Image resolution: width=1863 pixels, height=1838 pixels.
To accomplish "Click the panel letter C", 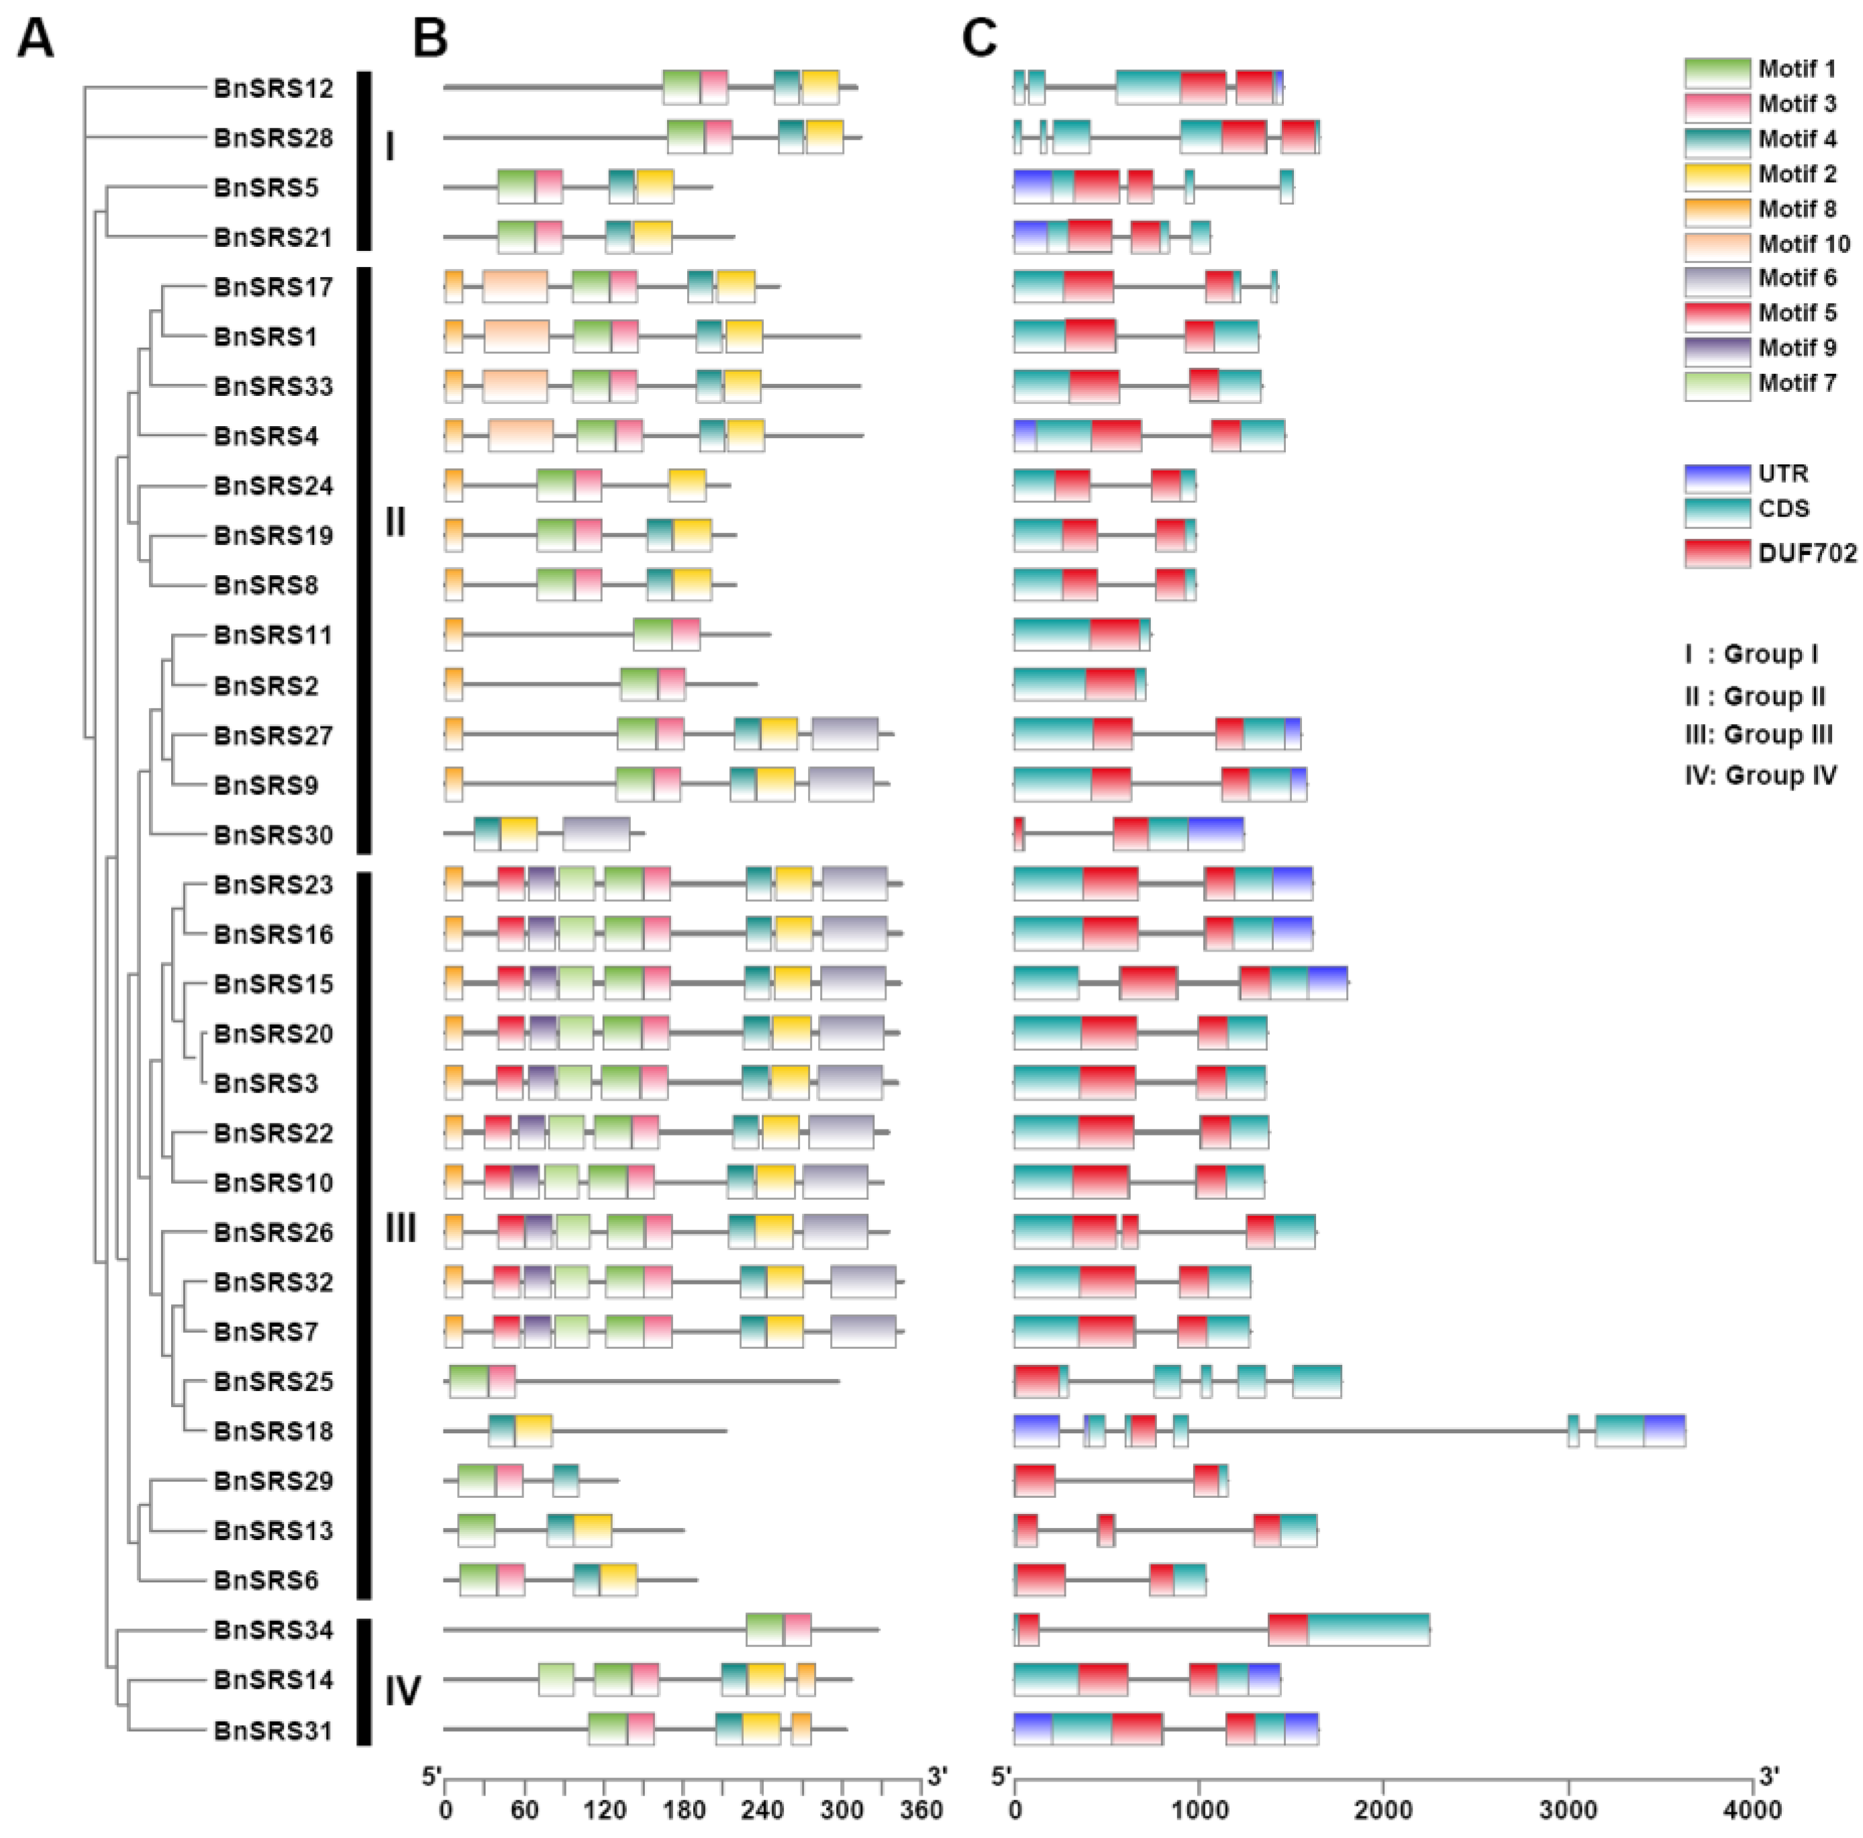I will (980, 40).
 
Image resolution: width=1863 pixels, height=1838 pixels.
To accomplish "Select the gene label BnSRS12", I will (273, 89).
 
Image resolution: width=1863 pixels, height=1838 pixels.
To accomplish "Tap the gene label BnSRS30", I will (273, 835).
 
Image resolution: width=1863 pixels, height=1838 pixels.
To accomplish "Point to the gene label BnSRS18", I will (273, 1431).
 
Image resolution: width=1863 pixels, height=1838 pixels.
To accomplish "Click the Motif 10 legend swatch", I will (1717, 245).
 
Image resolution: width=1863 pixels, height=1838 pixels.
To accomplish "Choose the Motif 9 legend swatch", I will (1717, 349).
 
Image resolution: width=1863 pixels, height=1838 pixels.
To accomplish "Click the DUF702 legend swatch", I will (1717, 552).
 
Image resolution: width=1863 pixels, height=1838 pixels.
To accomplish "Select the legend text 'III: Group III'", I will (1758, 735).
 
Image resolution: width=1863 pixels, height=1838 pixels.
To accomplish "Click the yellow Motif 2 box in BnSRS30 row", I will (519, 834).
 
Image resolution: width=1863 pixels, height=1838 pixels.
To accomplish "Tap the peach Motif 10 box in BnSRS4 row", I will (521, 435).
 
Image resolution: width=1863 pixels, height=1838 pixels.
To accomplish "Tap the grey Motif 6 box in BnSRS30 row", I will (596, 834).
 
